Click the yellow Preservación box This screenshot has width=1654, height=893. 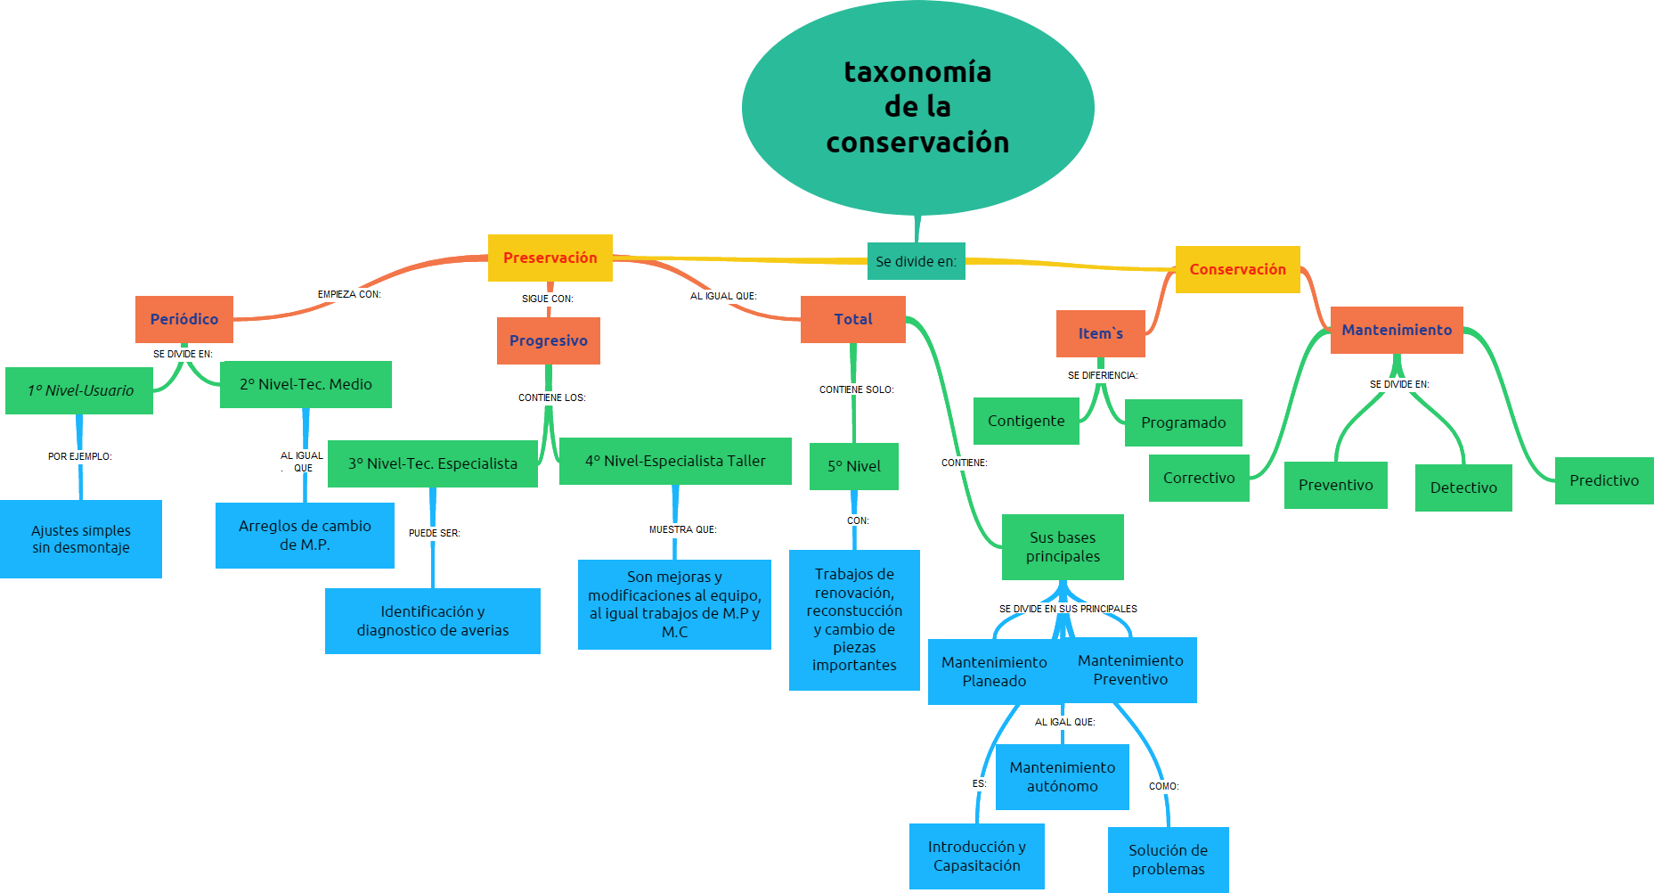(x=550, y=258)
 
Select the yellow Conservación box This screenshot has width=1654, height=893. (x=1237, y=269)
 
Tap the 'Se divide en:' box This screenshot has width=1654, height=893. (x=916, y=261)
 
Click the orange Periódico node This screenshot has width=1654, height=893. (x=183, y=319)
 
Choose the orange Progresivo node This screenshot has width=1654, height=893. (x=548, y=340)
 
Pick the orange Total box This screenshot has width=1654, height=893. (x=852, y=319)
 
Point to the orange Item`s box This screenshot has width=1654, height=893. (x=1100, y=333)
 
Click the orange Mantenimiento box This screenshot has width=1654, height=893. (x=1396, y=330)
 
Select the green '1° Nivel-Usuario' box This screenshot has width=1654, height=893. (x=79, y=390)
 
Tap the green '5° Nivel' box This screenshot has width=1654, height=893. (x=853, y=466)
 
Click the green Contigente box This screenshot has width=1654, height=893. (x=1025, y=421)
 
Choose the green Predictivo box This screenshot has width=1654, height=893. (x=1603, y=480)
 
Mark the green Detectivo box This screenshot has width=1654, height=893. (x=1463, y=487)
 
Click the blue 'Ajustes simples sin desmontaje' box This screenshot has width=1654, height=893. (x=80, y=539)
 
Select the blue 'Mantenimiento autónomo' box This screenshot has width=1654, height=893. (x=1062, y=776)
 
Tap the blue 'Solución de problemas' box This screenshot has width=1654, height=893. (x=1168, y=859)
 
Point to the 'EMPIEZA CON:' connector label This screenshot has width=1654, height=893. (x=349, y=294)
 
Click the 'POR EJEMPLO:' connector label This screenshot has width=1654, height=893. (x=79, y=456)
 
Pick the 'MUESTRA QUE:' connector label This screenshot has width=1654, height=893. (x=682, y=529)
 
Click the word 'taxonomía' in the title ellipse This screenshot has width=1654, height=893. (x=917, y=71)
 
